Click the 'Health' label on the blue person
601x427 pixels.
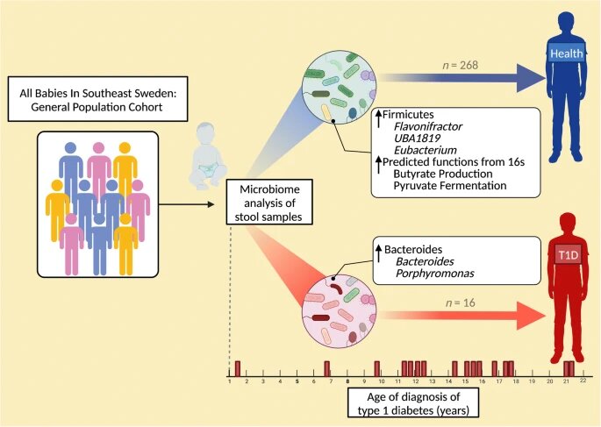coord(561,54)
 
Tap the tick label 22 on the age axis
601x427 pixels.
coord(583,381)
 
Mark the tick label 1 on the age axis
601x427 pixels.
coord(229,381)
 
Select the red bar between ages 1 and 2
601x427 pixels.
coord(238,367)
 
